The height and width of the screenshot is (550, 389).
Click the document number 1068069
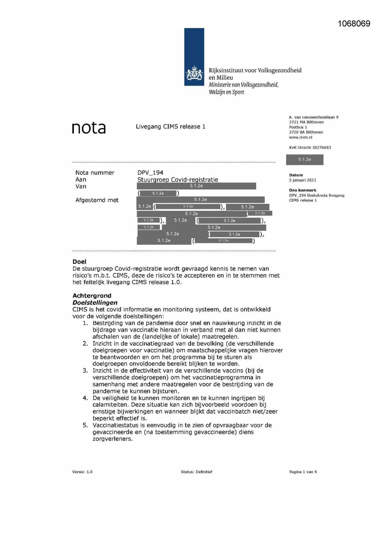click(x=354, y=24)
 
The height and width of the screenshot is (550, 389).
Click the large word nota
click(x=89, y=128)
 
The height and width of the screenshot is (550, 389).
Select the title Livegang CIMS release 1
click(x=171, y=127)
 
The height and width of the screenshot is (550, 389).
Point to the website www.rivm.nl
click(x=301, y=137)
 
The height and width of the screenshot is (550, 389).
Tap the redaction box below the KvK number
click(x=304, y=160)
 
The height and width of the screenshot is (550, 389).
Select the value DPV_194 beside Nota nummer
click(x=150, y=173)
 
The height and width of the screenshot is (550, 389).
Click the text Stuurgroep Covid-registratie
click(x=177, y=180)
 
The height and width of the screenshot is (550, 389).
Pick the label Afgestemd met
click(x=97, y=200)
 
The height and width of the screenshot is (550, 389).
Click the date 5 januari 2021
click(x=302, y=180)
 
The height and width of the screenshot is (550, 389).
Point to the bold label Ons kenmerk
click(x=302, y=190)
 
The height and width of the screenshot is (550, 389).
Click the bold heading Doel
click(x=79, y=262)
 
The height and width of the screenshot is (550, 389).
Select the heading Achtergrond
click(x=92, y=296)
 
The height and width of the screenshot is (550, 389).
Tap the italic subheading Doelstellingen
click(x=95, y=303)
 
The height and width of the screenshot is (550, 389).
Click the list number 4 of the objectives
click(x=85, y=398)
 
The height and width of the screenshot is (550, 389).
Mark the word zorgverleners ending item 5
click(x=112, y=439)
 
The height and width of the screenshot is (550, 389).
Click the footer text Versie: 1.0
click(x=82, y=472)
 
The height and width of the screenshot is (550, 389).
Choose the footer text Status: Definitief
click(x=197, y=472)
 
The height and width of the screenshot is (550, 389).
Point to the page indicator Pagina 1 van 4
click(x=303, y=472)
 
